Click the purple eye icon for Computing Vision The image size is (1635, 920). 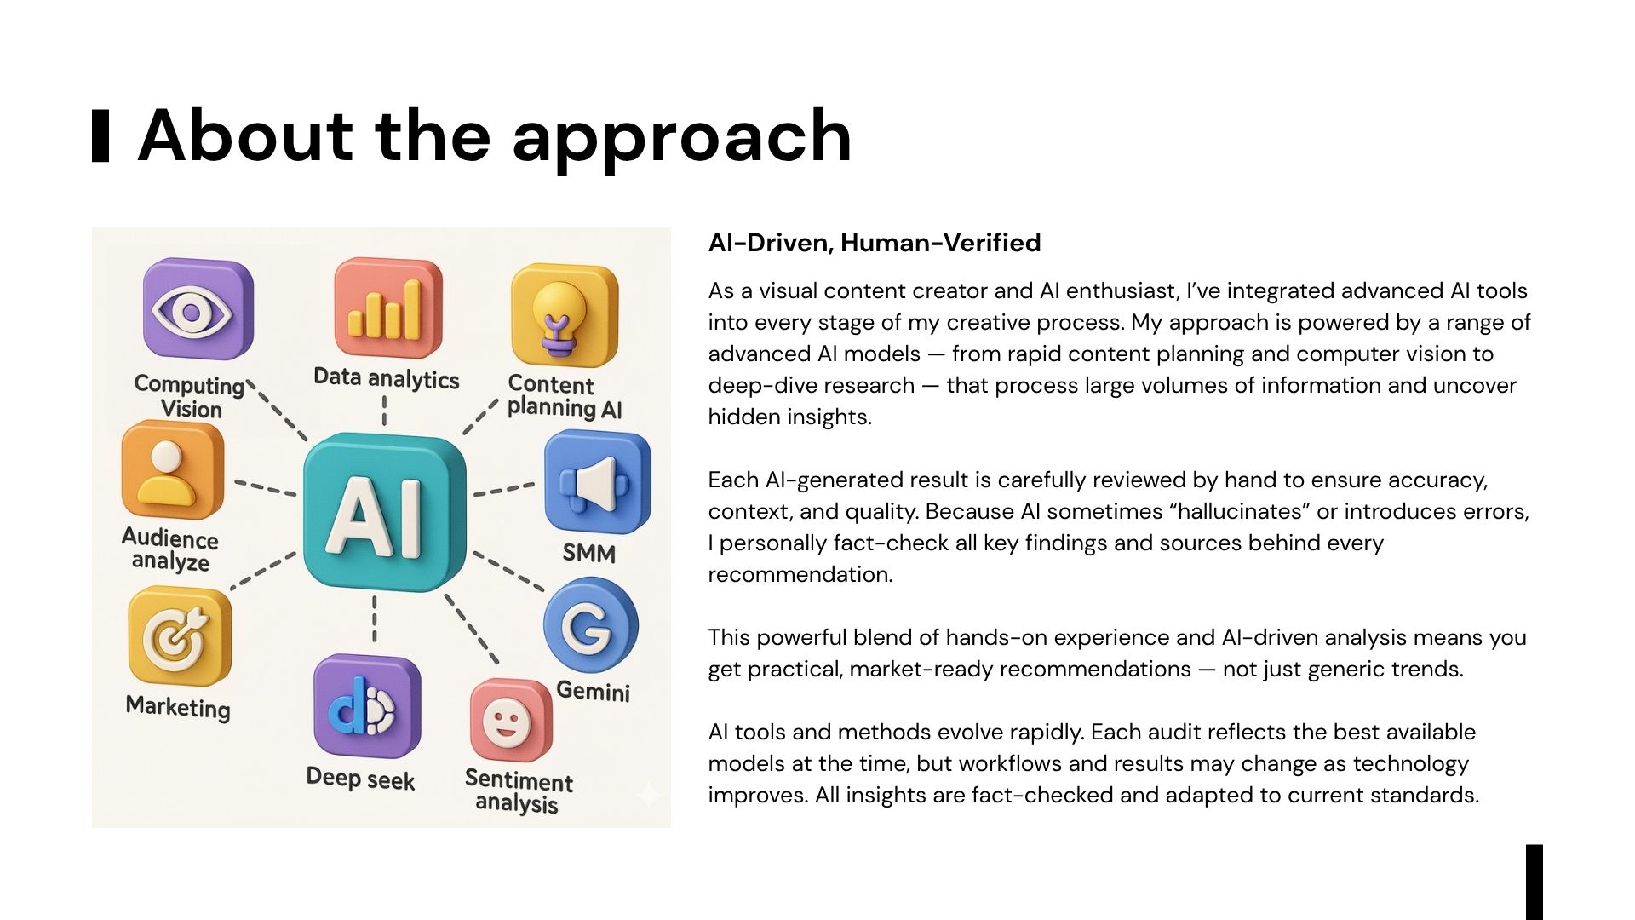tap(198, 308)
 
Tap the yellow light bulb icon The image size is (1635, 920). tap(564, 315)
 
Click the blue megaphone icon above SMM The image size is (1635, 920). tap(597, 482)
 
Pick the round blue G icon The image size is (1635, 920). tap(590, 625)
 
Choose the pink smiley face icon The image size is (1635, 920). tap(510, 721)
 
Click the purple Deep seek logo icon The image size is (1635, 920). tap(366, 706)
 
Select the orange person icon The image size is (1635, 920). tap(173, 469)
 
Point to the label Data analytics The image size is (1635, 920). tap(386, 377)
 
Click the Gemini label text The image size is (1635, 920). tap(593, 690)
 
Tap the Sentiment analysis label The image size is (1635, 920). tap(518, 791)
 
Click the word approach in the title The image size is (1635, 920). tap(682, 137)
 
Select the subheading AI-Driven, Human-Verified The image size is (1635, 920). tap(875, 243)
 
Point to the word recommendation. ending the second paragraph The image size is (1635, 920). tap(800, 574)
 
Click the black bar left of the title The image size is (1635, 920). tap(100, 135)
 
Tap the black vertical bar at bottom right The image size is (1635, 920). tap(1535, 882)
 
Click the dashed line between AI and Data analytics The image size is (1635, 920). tap(384, 411)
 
